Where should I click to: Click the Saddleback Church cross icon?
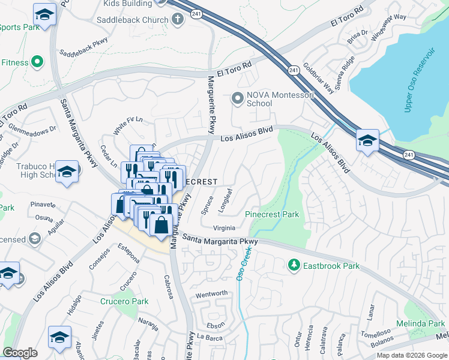(177, 20)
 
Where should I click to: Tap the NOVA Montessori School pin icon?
(238, 97)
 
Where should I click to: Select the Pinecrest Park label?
(272, 214)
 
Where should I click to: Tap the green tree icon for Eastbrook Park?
(294, 265)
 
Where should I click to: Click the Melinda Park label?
(420, 323)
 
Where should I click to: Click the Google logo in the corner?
(20, 353)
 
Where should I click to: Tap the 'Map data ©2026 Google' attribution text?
(411, 355)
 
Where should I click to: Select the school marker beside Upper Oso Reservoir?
(367, 142)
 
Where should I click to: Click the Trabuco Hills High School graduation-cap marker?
(67, 172)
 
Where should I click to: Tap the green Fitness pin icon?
(37, 62)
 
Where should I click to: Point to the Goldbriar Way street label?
(318, 79)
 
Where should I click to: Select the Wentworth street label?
(211, 293)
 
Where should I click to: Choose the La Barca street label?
(209, 337)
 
